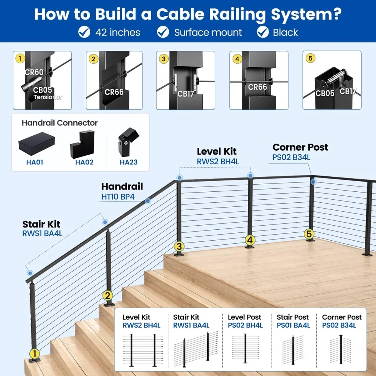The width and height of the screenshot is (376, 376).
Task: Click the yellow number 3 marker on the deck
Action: tap(179, 247)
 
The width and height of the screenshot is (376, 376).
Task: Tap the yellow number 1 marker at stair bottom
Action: tap(34, 353)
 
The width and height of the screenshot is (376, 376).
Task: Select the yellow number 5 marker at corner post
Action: tap(309, 234)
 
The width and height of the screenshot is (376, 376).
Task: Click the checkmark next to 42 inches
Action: tap(84, 32)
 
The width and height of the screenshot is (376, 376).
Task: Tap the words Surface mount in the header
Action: tap(208, 32)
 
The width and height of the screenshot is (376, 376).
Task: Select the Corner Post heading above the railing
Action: tap(300, 147)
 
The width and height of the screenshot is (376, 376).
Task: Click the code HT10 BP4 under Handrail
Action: tap(118, 197)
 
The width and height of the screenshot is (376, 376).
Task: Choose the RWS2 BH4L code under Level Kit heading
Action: tap(218, 161)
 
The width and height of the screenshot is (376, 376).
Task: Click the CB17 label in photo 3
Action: tap(185, 94)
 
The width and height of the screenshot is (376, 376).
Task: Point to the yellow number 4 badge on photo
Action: tap(237, 59)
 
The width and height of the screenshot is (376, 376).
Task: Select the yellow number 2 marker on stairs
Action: tap(108, 296)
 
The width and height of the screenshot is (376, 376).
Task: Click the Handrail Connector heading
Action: tap(59, 123)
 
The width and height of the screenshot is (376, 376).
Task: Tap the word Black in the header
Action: tap(285, 32)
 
